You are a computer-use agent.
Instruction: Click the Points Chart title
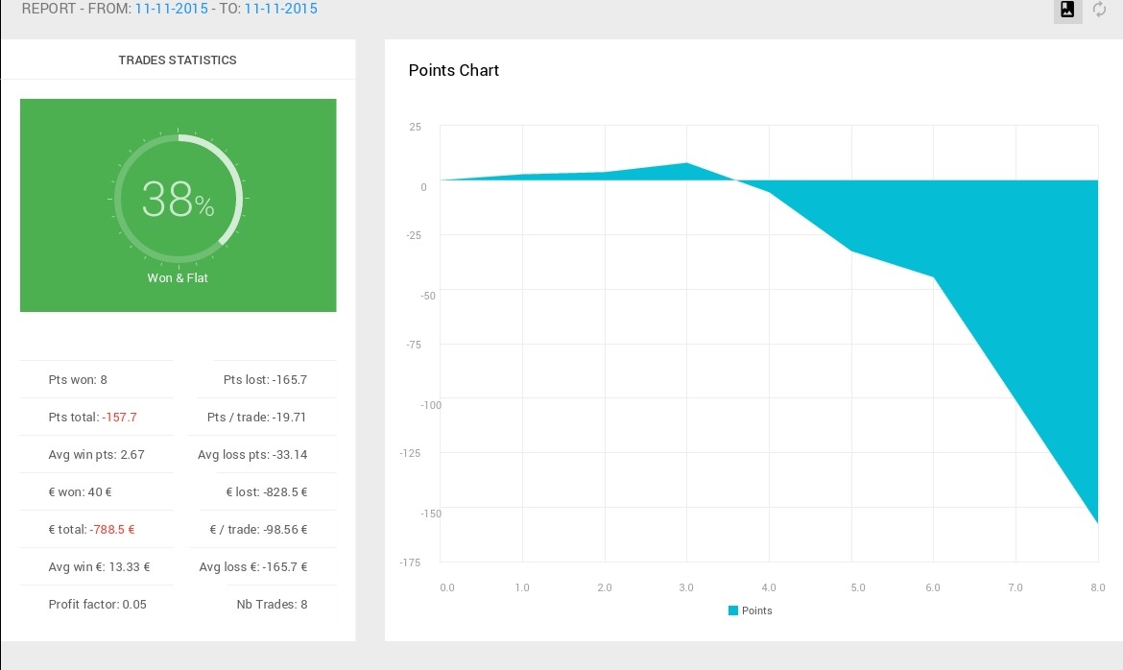(x=453, y=70)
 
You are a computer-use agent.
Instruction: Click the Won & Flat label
(x=178, y=278)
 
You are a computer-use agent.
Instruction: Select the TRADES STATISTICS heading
(x=178, y=60)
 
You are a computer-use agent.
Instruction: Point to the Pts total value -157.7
(x=119, y=417)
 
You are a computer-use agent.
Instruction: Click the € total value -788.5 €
(x=111, y=530)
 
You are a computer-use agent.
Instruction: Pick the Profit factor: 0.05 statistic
(x=97, y=604)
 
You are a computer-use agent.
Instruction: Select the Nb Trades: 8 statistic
(x=273, y=604)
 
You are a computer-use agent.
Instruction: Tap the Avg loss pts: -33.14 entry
(x=252, y=454)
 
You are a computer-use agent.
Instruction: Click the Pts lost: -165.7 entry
(x=265, y=380)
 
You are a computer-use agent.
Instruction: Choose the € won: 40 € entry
(x=80, y=492)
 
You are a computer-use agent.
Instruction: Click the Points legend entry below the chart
(x=750, y=610)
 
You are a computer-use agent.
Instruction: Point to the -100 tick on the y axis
(x=431, y=405)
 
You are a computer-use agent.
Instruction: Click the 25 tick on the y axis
(x=416, y=127)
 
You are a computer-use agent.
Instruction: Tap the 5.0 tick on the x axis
(x=858, y=587)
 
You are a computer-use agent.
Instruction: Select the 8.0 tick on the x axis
(x=1098, y=587)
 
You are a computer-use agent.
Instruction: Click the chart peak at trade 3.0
(x=687, y=163)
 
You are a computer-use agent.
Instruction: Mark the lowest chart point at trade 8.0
(x=1098, y=523)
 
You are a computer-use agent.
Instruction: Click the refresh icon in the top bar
(x=1099, y=10)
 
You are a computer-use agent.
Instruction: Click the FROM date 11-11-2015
(x=171, y=9)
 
